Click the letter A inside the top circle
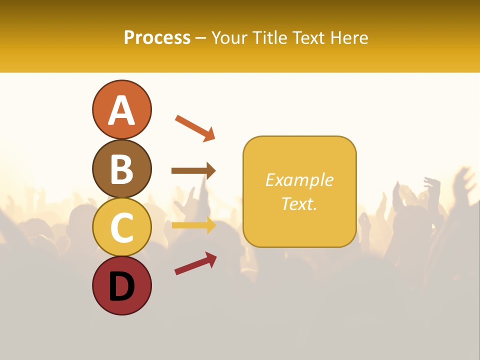pyautogui.click(x=121, y=110)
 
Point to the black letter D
pyautogui.click(x=121, y=287)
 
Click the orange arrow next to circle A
pyautogui.click(x=194, y=127)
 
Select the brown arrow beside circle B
pyautogui.click(x=193, y=171)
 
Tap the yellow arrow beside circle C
pyautogui.click(x=193, y=225)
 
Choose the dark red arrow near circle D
pyautogui.click(x=195, y=263)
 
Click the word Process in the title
pyautogui.click(x=157, y=37)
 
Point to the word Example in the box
pyautogui.click(x=299, y=180)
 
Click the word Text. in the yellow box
pyautogui.click(x=299, y=203)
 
